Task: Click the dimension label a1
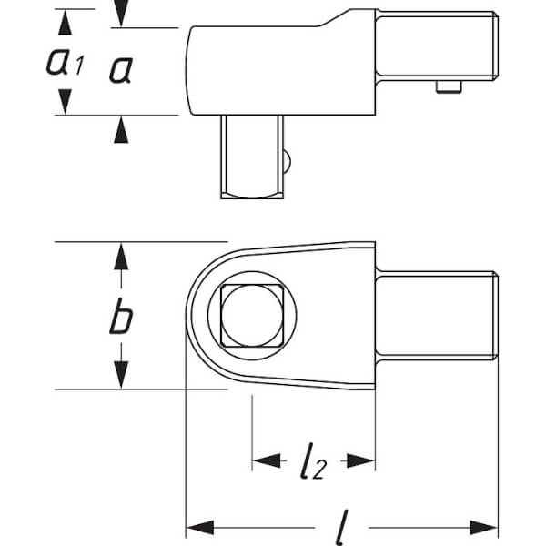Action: coord(66,62)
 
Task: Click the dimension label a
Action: coord(121,70)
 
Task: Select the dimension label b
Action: coord(121,316)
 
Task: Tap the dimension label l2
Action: coord(313,460)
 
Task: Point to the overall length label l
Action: coord(342,527)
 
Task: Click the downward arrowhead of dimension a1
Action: coord(66,101)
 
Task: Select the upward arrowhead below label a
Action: coord(121,130)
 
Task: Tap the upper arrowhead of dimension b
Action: coord(121,256)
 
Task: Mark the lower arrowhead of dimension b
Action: coord(121,375)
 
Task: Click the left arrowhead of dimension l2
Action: coord(268,460)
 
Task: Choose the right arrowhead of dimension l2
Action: coord(360,460)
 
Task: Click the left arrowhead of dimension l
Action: coord(200,527)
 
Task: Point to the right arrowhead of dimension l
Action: coord(484,527)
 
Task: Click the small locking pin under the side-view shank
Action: coord(449,86)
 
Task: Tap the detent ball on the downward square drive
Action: coord(287,161)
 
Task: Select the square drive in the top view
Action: coord(252,316)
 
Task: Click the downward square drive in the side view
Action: coord(252,157)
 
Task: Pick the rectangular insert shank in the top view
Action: coord(437,316)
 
